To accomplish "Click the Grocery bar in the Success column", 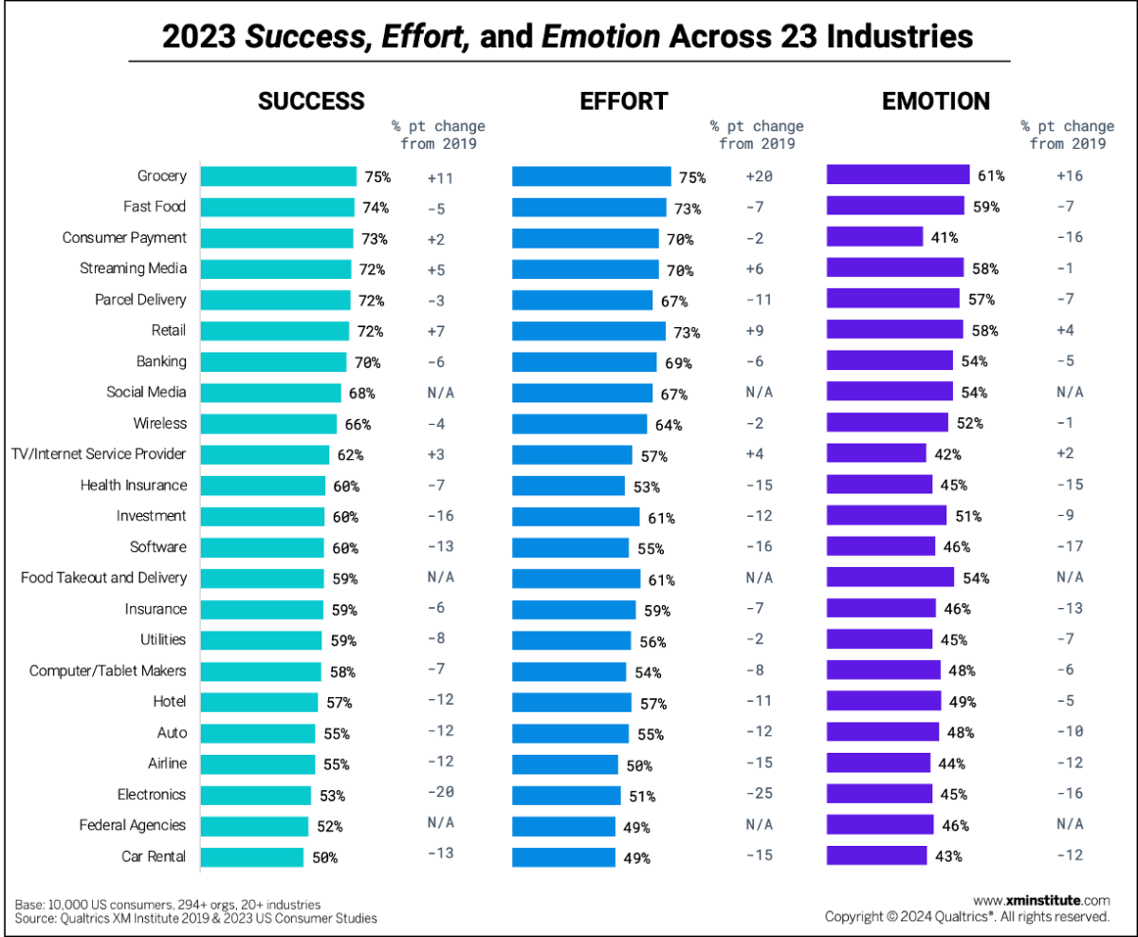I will pyautogui.click(x=278, y=175).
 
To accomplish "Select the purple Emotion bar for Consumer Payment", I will pyautogui.click(x=874, y=237).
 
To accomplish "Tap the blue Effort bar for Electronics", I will pyautogui.click(x=565, y=795).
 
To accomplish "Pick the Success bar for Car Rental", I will pyautogui.click(x=252, y=856).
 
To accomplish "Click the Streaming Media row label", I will pyautogui.click(x=133, y=268).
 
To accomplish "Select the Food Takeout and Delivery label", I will pyautogui.click(x=104, y=578).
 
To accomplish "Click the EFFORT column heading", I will pyautogui.click(x=623, y=101).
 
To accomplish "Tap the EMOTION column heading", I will pyautogui.click(x=935, y=101).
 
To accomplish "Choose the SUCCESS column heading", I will pyautogui.click(x=311, y=101).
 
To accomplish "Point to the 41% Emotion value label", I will pyautogui.click(x=945, y=238).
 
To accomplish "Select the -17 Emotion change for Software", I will pyautogui.click(x=1070, y=547).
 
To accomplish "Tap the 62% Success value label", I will pyautogui.click(x=349, y=455).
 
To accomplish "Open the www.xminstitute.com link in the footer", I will pyautogui.click(x=1041, y=900).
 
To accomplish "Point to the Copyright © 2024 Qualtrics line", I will pyautogui.click(x=967, y=917).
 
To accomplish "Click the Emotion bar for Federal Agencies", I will pyautogui.click(x=880, y=825).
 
